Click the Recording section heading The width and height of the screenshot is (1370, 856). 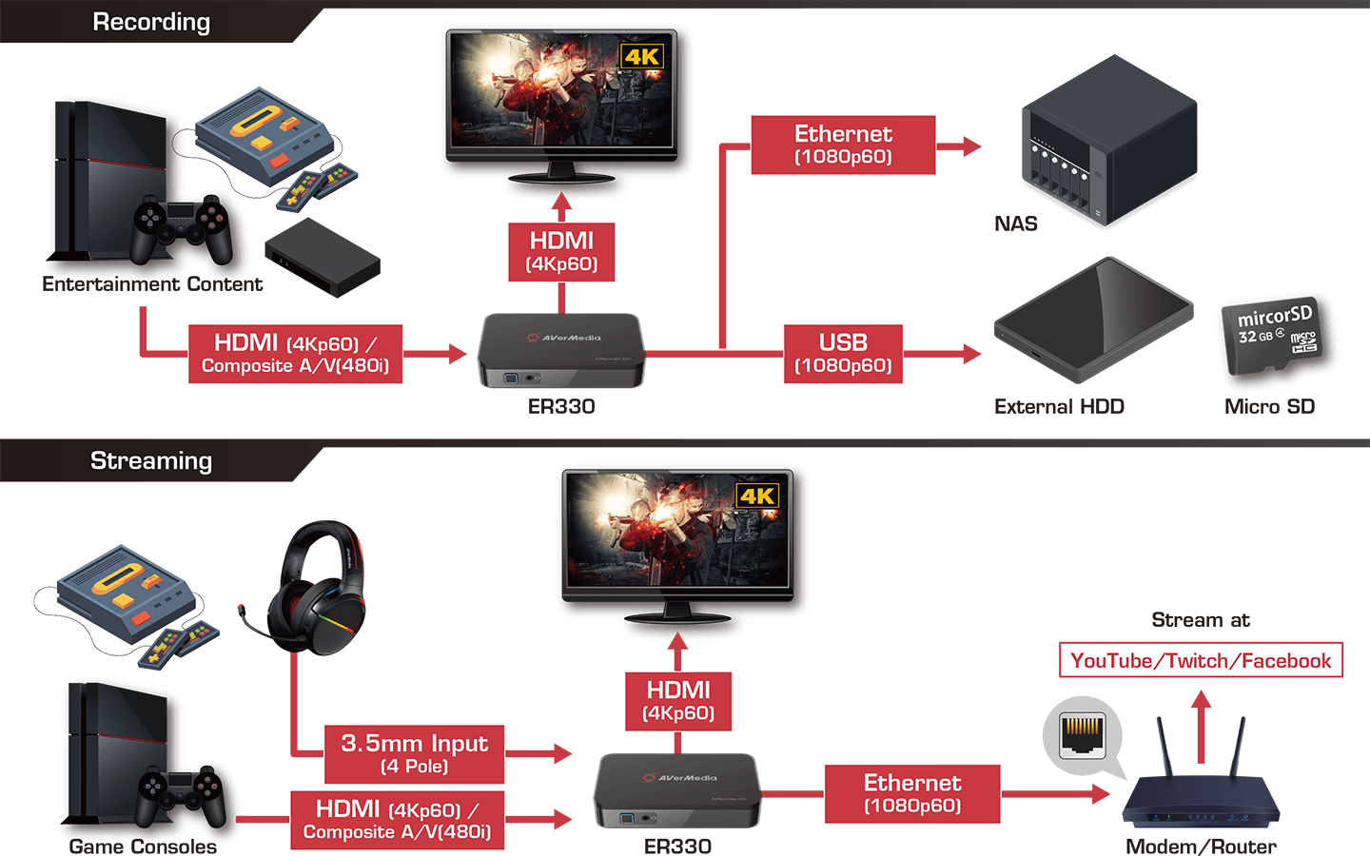[x=151, y=22]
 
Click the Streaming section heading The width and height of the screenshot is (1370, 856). [x=151, y=460]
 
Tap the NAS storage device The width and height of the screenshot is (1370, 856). [x=1109, y=143]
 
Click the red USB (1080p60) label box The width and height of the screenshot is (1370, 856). [x=843, y=354]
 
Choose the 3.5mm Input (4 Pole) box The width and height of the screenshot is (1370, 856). [x=414, y=753]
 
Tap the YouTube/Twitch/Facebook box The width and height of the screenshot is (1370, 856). [x=1201, y=660]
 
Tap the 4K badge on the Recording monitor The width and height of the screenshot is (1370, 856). [x=642, y=56]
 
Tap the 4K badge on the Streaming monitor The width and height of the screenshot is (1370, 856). [x=758, y=496]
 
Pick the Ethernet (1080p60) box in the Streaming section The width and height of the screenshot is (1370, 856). [x=911, y=793]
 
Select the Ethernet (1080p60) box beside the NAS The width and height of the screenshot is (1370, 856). [x=843, y=145]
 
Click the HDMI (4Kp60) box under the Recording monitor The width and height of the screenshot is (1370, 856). [x=561, y=252]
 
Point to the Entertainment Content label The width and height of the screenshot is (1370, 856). [x=152, y=283]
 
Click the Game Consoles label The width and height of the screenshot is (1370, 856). [x=143, y=846]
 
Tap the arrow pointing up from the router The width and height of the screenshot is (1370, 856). [x=1201, y=723]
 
